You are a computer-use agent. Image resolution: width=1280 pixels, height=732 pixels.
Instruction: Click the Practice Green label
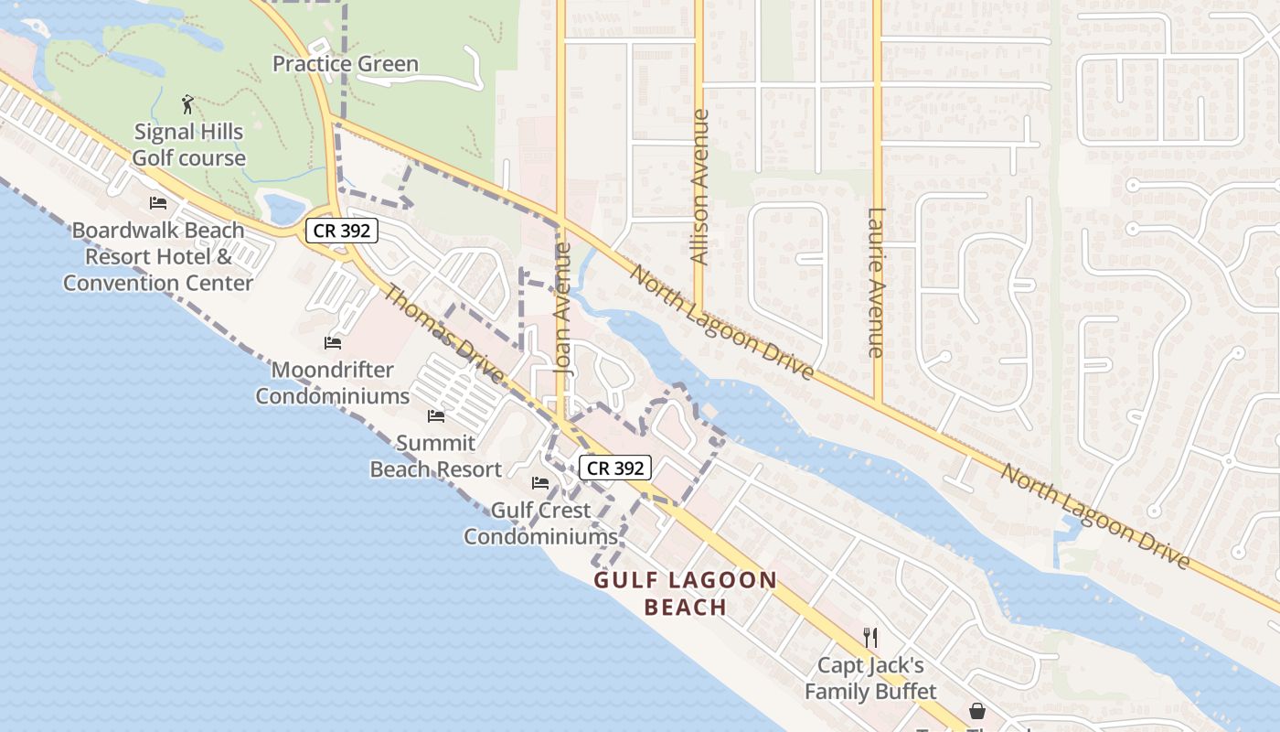click(x=346, y=63)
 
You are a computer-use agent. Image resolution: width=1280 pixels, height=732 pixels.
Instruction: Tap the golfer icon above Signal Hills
click(x=188, y=103)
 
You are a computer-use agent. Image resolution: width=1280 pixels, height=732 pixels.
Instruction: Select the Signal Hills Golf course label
click(x=188, y=145)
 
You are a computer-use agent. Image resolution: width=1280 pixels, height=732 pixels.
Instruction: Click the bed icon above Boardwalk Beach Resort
click(x=158, y=202)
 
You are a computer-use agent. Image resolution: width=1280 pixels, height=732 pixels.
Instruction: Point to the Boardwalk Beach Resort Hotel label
click(x=158, y=256)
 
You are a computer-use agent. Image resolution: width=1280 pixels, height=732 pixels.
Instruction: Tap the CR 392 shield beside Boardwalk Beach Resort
click(x=342, y=231)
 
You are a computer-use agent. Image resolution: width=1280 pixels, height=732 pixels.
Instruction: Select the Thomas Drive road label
click(x=443, y=335)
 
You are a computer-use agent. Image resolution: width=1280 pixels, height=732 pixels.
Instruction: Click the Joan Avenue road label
click(x=563, y=307)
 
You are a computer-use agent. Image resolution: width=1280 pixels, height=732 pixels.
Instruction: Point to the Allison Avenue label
click(x=700, y=188)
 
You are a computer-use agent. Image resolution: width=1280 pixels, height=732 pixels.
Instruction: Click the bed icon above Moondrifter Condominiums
click(x=333, y=343)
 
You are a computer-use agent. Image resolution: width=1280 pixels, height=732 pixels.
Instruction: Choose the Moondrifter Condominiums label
click(x=332, y=383)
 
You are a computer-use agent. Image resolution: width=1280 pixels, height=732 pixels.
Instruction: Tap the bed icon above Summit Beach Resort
click(x=436, y=416)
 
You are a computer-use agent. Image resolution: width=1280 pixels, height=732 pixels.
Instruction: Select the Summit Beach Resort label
click(x=436, y=456)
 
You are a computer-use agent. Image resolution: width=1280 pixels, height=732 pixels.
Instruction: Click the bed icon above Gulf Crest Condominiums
click(x=540, y=483)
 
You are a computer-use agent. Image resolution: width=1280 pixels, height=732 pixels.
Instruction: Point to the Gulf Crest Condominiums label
click(x=541, y=523)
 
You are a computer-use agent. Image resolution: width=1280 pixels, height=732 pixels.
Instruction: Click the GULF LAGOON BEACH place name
click(x=686, y=593)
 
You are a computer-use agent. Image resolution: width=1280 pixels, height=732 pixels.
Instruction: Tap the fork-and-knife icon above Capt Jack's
click(x=870, y=638)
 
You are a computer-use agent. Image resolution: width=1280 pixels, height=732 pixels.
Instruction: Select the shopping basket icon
click(x=977, y=711)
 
